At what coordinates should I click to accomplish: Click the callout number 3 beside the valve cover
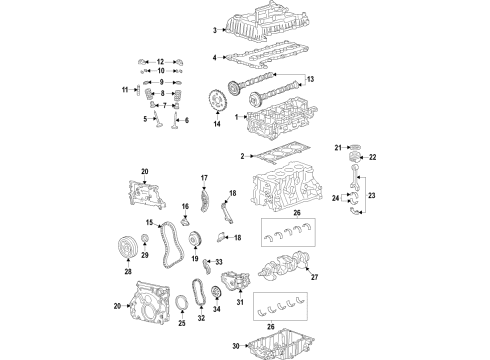point(213,30)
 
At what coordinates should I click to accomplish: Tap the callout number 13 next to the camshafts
point(311,79)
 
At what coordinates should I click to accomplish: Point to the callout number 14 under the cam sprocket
point(216,124)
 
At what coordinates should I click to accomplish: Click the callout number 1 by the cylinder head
point(236,118)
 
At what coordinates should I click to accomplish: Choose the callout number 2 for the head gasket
point(242,155)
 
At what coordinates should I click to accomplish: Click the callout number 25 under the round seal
point(181,323)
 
